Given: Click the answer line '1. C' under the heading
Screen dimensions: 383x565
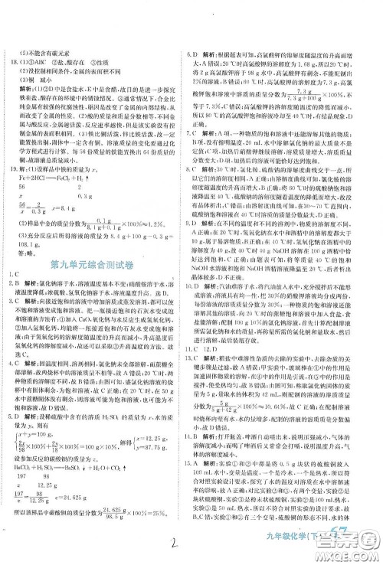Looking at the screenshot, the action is (x=15, y=285).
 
